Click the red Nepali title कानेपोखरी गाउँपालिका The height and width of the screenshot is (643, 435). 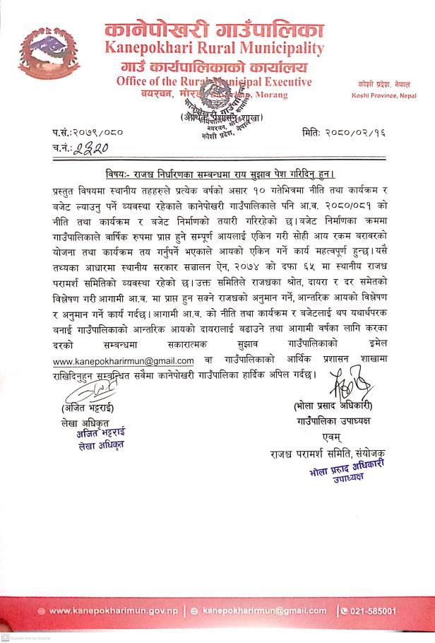(214, 30)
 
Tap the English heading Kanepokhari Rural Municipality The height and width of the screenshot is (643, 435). (214, 49)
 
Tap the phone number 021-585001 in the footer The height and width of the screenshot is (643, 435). (374, 610)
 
